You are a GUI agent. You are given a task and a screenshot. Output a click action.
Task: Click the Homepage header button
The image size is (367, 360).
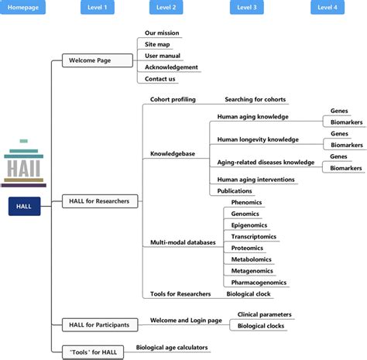(24, 8)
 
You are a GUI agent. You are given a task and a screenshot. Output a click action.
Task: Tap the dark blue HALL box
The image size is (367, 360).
(24, 207)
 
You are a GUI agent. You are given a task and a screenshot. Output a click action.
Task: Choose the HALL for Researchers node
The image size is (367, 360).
(98, 201)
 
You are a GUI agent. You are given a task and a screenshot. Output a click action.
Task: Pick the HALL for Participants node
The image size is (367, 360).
(98, 324)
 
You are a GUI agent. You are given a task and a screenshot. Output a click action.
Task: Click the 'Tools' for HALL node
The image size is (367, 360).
(91, 352)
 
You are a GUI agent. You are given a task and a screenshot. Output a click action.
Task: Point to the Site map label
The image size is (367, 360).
(158, 44)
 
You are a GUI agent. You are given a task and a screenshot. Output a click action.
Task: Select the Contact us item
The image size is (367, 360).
(160, 79)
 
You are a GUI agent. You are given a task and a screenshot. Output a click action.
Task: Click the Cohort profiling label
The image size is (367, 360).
(173, 100)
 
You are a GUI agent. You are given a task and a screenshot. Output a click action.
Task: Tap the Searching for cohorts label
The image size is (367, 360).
(255, 100)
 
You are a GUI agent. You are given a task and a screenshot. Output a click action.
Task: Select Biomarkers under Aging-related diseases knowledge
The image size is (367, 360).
(345, 168)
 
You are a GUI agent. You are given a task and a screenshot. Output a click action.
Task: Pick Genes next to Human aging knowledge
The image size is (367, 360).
(340, 111)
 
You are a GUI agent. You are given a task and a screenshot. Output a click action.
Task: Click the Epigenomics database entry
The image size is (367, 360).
(250, 225)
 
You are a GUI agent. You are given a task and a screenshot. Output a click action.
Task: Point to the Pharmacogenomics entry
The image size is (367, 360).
(259, 283)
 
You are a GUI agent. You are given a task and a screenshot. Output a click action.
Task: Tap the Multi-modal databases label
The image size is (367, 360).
(183, 242)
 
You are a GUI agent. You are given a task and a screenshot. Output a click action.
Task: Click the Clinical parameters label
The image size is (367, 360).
(265, 314)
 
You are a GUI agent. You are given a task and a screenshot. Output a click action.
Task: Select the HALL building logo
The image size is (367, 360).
(23, 164)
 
